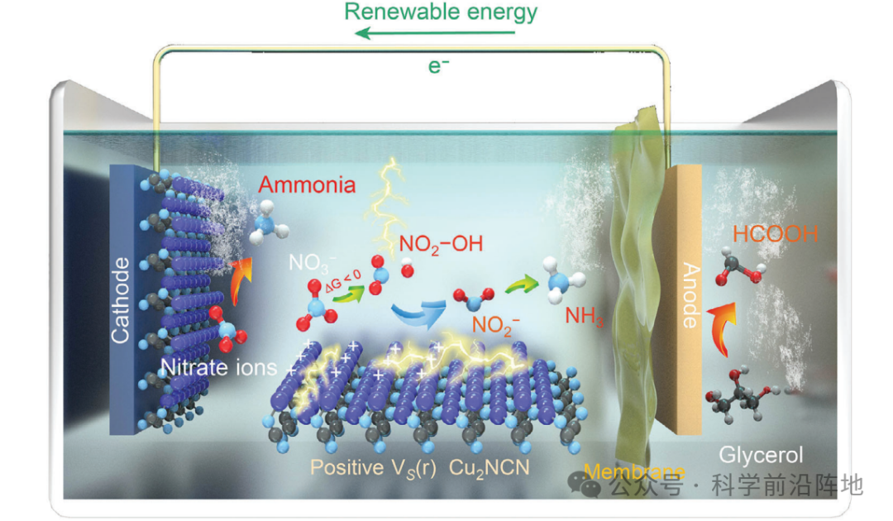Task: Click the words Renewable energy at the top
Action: click(440, 12)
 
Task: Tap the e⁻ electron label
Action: click(438, 66)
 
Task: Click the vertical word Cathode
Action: click(121, 300)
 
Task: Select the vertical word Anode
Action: click(689, 295)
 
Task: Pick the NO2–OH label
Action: click(441, 244)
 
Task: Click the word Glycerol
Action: click(761, 454)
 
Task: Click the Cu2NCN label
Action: click(489, 466)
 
